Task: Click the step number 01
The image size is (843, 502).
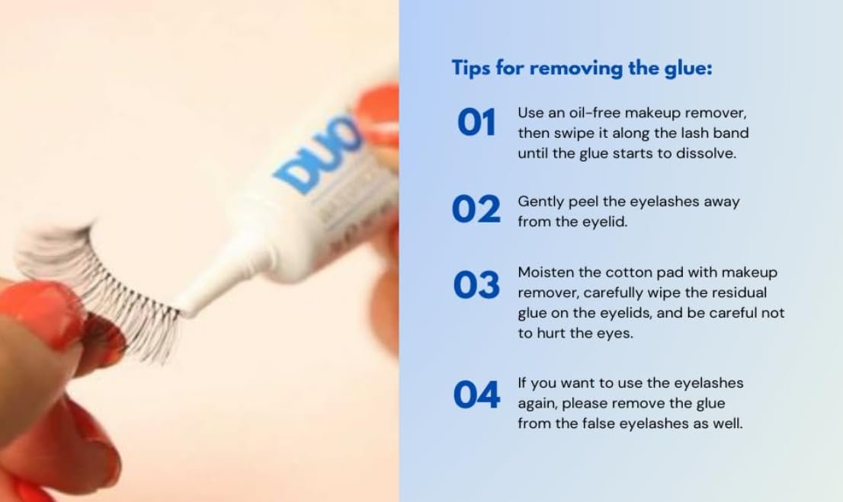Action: (476, 123)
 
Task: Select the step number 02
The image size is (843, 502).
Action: (476, 209)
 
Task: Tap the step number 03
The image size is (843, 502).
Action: (476, 285)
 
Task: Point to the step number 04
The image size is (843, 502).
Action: (476, 395)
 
